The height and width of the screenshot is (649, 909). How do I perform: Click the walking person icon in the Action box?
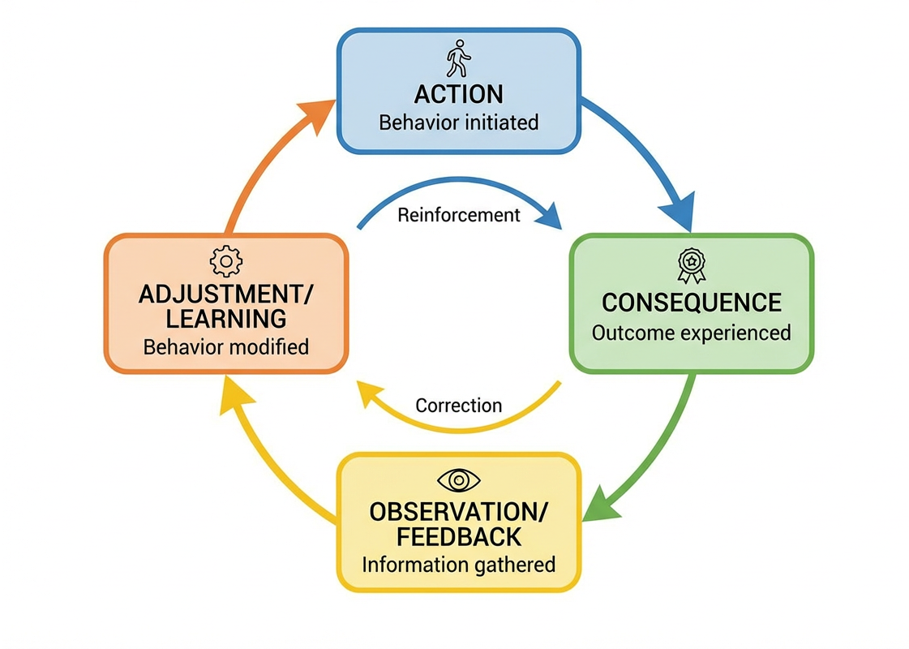458,58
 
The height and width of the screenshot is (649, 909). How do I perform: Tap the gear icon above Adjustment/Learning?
225,261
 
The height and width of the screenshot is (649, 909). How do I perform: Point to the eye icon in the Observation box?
459,480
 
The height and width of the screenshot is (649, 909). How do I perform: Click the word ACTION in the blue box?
458,94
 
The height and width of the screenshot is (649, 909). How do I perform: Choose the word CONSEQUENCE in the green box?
691,303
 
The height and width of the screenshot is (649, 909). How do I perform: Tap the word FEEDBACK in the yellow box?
459,537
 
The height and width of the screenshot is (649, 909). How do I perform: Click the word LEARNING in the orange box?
225,318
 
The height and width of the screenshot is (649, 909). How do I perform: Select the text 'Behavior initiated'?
458,123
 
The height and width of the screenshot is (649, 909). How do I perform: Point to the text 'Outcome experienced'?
691,333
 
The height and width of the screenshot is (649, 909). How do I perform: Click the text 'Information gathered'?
459,565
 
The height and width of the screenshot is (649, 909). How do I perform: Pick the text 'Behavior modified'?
225,347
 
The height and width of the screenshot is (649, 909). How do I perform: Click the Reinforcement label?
458,215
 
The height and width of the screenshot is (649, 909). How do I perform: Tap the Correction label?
458,405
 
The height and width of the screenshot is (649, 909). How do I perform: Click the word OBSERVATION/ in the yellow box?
459,512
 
